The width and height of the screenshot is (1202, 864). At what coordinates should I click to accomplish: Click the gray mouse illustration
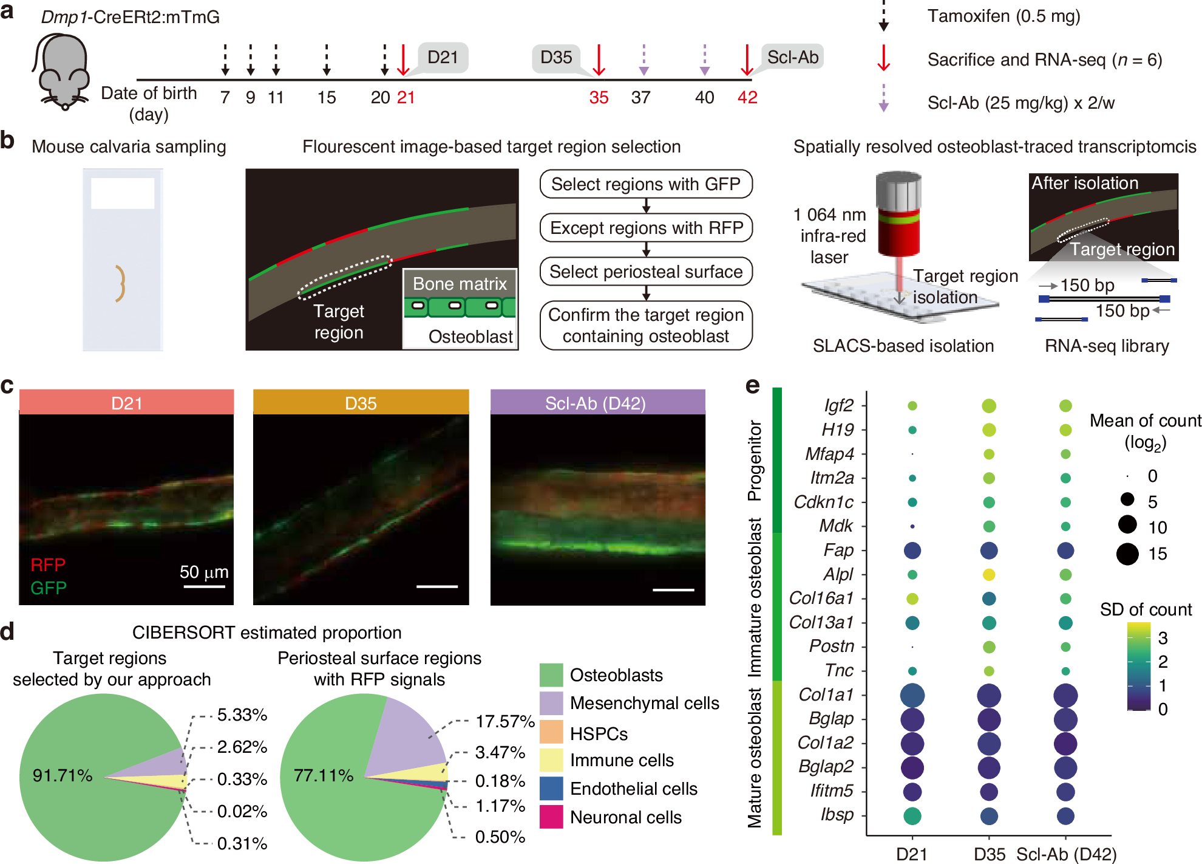point(61,71)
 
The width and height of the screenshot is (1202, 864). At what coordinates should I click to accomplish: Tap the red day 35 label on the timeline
point(599,97)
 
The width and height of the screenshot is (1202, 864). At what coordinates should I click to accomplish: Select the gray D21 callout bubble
point(443,58)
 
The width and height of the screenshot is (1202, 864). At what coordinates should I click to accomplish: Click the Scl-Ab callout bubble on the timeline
point(792,57)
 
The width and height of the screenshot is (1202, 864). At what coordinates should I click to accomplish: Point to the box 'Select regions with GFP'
point(645,184)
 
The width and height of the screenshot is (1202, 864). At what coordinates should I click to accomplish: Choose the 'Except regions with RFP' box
point(646,228)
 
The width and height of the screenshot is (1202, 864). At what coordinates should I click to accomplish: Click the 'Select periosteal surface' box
point(646,272)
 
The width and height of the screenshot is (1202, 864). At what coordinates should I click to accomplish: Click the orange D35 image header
point(361,403)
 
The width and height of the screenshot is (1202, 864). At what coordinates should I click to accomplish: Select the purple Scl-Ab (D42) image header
point(597,403)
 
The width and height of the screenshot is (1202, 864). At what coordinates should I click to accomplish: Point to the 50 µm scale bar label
point(204,572)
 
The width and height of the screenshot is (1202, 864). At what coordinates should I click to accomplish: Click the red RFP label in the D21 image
point(48,565)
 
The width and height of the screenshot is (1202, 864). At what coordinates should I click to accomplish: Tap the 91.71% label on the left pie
point(63,775)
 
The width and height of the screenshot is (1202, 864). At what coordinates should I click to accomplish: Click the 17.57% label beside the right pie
point(504,721)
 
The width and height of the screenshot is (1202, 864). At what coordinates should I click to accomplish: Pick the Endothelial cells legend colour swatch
point(551,789)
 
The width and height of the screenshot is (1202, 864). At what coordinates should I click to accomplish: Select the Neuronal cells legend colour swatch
point(551,817)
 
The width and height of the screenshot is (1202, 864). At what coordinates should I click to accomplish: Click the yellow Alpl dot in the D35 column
point(989,574)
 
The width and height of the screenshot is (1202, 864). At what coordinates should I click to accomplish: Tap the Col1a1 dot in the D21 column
point(912,695)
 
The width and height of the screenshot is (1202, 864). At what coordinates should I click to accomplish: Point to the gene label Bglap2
point(826,767)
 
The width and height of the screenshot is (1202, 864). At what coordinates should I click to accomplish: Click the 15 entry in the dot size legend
point(1127,554)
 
